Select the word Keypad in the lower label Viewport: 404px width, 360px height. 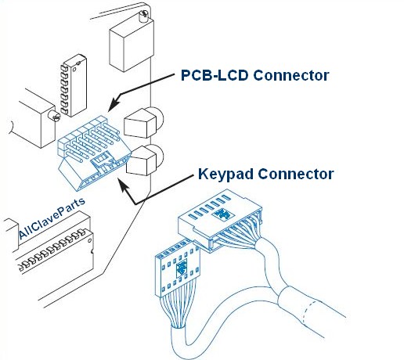pos(225,174)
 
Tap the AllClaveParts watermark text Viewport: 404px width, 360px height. pos(52,218)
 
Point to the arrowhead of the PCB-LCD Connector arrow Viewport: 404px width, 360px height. pos(114,104)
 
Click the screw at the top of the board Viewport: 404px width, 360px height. pos(142,16)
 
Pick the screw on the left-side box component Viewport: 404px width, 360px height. pos(54,116)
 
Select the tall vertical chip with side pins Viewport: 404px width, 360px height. pos(74,85)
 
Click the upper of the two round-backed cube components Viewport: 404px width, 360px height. pos(143,123)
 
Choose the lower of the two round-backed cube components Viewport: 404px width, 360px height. pos(144,160)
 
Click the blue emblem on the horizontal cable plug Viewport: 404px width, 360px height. pos(223,214)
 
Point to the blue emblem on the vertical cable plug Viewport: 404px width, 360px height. pos(182,268)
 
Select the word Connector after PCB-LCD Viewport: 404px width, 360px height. pos(291,75)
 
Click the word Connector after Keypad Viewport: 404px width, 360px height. pos(296,174)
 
